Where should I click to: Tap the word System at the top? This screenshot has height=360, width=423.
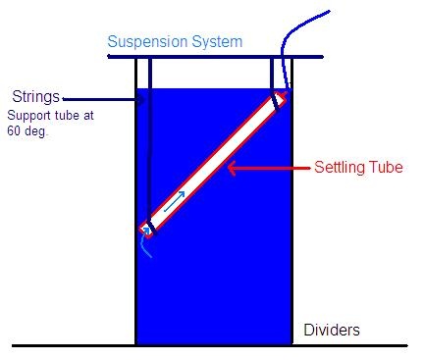[x=217, y=42]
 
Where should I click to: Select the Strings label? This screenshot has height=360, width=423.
[x=36, y=97]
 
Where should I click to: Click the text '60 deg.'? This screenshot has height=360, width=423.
[x=27, y=131]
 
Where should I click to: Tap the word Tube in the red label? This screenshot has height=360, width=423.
[x=386, y=167]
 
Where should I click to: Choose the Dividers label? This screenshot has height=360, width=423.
[x=332, y=330]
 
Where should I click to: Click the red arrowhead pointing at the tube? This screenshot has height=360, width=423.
[x=232, y=168]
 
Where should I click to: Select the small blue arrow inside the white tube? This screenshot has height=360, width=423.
[x=174, y=201]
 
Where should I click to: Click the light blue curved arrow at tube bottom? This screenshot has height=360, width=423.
[x=145, y=242]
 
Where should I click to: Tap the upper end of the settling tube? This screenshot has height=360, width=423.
[x=280, y=98]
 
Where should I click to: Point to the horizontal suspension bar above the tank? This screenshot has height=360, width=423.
[x=215, y=57]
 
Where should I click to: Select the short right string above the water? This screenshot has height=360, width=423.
[x=272, y=74]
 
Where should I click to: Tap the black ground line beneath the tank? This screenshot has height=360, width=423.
[x=210, y=345]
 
